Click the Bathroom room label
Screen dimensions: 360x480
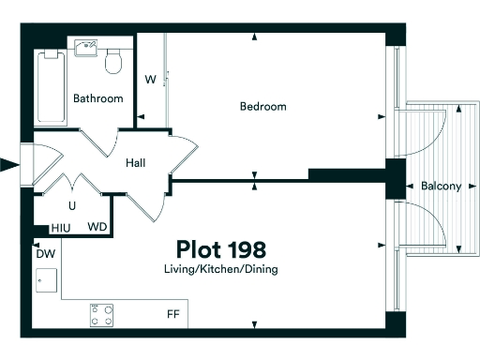98,98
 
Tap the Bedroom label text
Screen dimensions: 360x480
262,107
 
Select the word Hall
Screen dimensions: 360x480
136,163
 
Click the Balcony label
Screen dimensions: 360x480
441,187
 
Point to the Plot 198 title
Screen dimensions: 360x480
221,249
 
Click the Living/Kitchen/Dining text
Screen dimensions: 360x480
220,270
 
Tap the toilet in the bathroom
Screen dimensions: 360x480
114,62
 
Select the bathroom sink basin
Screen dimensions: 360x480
85,48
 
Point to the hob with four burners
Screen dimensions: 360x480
102,314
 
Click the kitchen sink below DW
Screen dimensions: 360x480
45,279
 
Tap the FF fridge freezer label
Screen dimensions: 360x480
173,315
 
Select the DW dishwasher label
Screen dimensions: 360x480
44,254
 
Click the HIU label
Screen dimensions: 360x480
61,228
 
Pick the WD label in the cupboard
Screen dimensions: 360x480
97,228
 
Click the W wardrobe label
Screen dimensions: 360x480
149,79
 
